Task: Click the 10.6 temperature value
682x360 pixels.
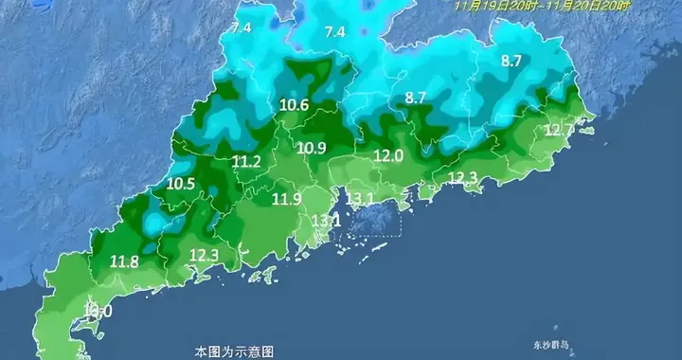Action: pyautogui.click(x=295, y=106)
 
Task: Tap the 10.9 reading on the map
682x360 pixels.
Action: pyautogui.click(x=311, y=148)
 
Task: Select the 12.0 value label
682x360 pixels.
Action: pyautogui.click(x=388, y=155)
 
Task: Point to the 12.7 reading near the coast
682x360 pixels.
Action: pyautogui.click(x=559, y=130)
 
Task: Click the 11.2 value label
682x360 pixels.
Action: pyautogui.click(x=246, y=162)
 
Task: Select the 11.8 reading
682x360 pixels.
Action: pyautogui.click(x=124, y=261)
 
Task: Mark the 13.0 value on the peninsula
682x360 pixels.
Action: pyautogui.click(x=99, y=311)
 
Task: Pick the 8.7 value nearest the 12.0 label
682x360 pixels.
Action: pyautogui.click(x=415, y=98)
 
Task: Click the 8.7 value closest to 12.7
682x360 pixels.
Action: pyautogui.click(x=511, y=62)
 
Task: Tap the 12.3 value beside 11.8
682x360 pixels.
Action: pyautogui.click(x=204, y=255)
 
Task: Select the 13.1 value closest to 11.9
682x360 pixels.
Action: pyautogui.click(x=326, y=221)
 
